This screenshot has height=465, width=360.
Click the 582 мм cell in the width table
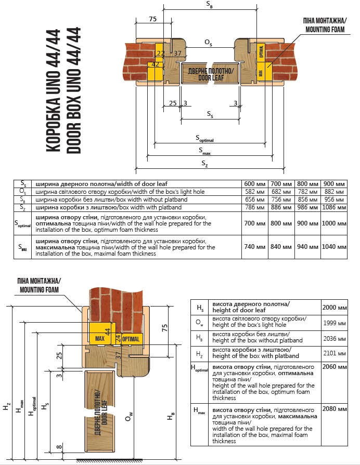pyautogui.click(x=254, y=192)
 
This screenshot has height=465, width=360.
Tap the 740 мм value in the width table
pyautogui.click(x=254, y=247)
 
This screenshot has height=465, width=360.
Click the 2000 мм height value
pyautogui.click(x=335, y=308)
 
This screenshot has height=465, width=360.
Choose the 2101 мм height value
pyautogui.click(x=335, y=353)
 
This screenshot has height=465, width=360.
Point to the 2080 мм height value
pyautogui.click(x=335, y=409)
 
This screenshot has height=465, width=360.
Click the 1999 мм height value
pyautogui.click(x=335, y=323)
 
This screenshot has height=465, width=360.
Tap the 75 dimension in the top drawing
pyautogui.click(x=152, y=19)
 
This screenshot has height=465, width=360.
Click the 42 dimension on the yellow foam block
pyautogui.click(x=155, y=64)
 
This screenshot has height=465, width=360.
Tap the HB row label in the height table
pyautogui.click(x=200, y=338)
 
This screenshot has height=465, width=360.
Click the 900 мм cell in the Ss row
pyautogui.click(x=333, y=184)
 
